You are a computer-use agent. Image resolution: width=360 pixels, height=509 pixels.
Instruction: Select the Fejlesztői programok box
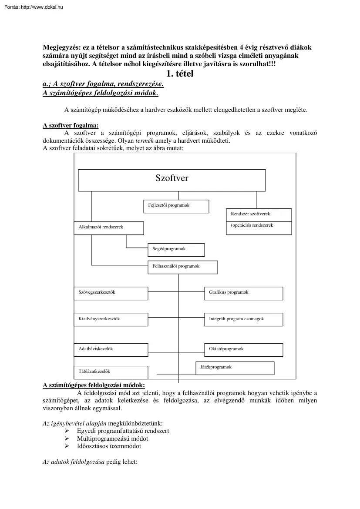point(176,206)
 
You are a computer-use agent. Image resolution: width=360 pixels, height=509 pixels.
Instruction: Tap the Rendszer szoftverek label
point(250,214)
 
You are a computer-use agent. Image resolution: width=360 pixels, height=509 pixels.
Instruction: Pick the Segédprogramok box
point(176,250)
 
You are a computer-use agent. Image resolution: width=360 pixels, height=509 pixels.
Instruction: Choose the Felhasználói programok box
point(182,267)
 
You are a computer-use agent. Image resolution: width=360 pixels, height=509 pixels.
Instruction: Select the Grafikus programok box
point(243,293)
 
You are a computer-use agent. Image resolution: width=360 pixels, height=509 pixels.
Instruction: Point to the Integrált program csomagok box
point(243,319)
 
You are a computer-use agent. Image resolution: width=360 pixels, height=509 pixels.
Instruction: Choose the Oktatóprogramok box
point(243,350)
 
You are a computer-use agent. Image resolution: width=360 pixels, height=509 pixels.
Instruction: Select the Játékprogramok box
point(235,368)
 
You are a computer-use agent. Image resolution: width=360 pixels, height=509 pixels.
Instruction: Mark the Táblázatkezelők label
point(94,372)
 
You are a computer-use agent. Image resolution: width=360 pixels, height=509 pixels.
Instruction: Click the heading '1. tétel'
point(177,74)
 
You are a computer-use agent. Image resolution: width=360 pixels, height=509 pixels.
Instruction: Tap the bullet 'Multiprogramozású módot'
point(112,439)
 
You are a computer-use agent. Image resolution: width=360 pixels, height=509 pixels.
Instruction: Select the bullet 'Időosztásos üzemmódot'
point(109,446)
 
